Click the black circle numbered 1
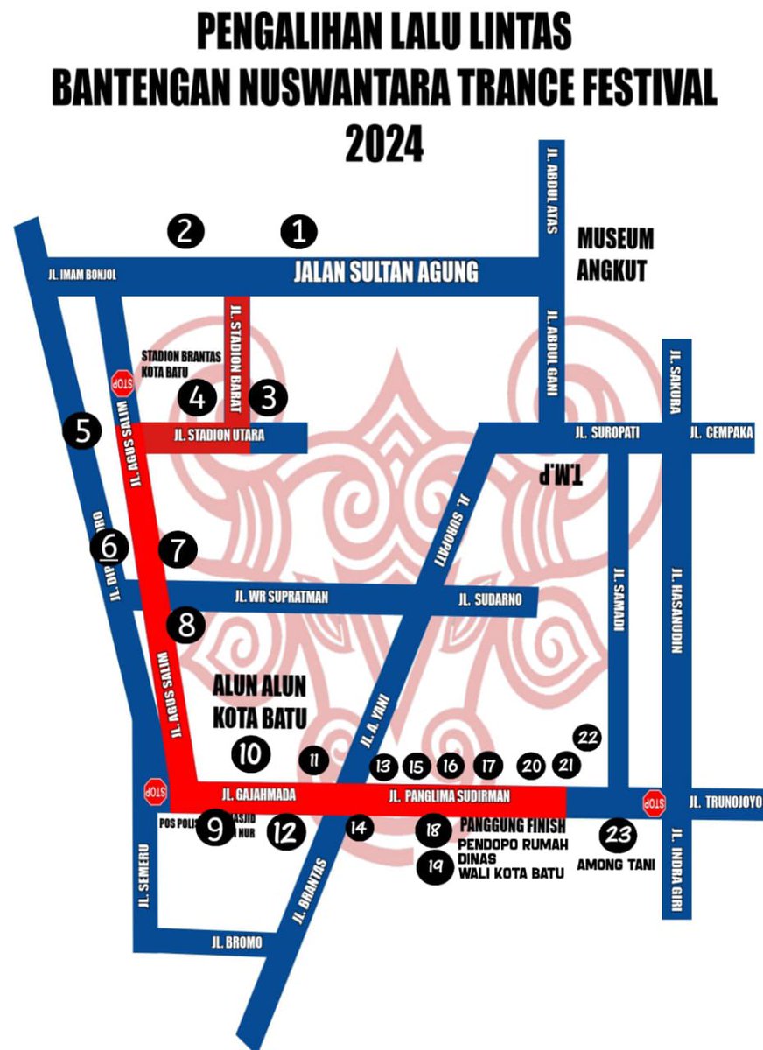click(298, 232)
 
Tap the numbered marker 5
click(82, 431)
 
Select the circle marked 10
click(250, 753)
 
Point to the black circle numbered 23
click(619, 835)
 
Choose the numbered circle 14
click(358, 826)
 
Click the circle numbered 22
click(589, 738)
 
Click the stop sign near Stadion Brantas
click(122, 382)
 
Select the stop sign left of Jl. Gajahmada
click(154, 793)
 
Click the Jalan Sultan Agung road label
click(385, 272)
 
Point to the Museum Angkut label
click(615, 255)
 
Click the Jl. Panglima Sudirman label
click(449, 796)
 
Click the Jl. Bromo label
click(235, 943)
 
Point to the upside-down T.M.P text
click(562, 472)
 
